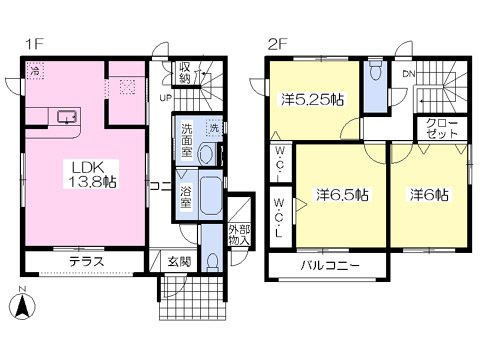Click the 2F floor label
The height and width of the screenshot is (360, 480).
tap(277, 45)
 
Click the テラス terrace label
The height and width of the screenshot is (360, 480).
tap(87, 262)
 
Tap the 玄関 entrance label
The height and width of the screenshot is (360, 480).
tap(179, 262)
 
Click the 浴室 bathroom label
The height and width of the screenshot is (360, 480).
tap(186, 196)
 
